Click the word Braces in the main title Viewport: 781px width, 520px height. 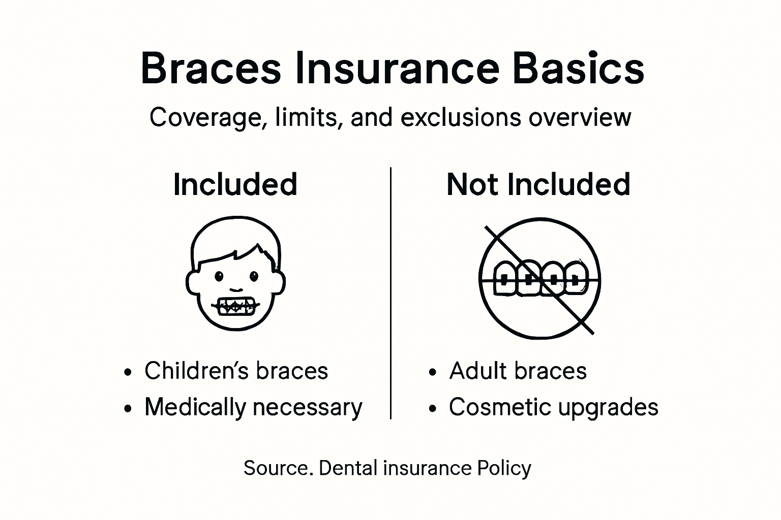[211, 68]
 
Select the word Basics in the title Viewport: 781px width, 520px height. [578, 68]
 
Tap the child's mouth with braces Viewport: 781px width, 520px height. [235, 306]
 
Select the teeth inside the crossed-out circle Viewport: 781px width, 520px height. [540, 278]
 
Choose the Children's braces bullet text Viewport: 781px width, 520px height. [236, 371]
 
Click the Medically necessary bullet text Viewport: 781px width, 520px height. [253, 407]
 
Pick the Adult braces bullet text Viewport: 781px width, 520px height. [518, 371]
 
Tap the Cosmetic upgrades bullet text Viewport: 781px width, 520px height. [553, 407]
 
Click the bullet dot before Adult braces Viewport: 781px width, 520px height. [433, 372]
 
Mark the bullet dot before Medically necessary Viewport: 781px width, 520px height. [128, 408]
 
